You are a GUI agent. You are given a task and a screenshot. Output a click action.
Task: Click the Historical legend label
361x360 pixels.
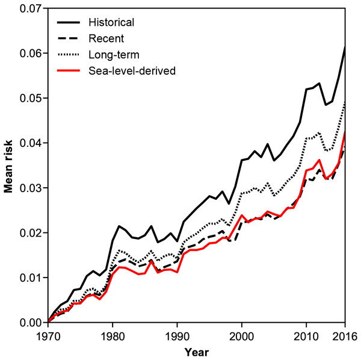[111, 23]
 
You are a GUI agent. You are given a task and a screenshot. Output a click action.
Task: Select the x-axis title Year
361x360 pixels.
[197, 350]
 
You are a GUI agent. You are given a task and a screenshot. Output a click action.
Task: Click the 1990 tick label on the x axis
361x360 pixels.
[175, 334]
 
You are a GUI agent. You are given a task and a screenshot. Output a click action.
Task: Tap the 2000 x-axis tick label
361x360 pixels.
[241, 334]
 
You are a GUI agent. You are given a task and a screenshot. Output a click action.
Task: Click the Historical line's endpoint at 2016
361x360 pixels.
[345, 47]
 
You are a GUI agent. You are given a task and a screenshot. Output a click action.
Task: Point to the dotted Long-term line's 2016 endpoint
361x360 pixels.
[345, 102]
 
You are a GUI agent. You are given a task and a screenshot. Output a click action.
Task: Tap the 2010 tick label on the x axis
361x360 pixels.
[306, 334]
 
